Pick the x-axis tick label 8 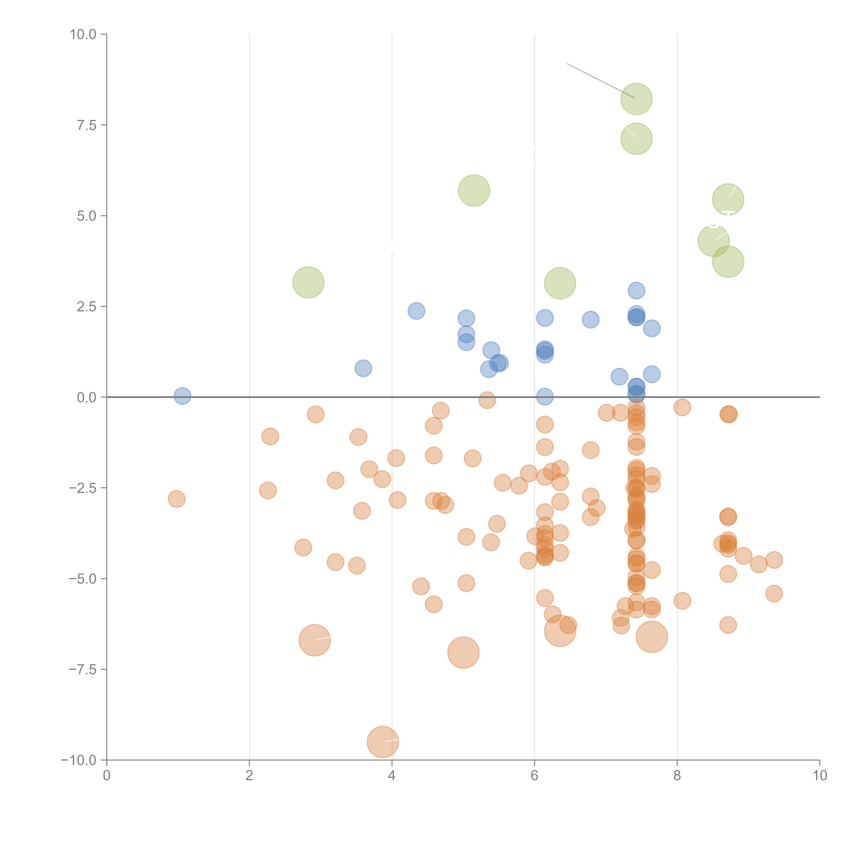tap(677, 776)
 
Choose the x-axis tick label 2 tap(249, 776)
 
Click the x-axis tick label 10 tap(819, 776)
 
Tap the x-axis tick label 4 tap(392, 776)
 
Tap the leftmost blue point tap(182, 396)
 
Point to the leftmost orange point tap(176, 499)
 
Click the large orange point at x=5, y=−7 tap(463, 652)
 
